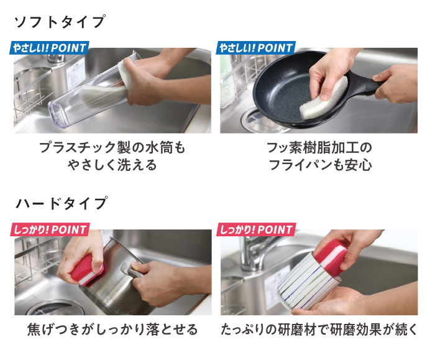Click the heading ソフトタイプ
tap(60, 22)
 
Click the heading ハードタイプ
tap(62, 203)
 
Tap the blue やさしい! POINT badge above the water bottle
tap(49, 48)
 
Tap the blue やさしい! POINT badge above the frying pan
tap(256, 48)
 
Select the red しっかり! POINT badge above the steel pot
tap(50, 229)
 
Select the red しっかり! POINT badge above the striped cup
tap(256, 229)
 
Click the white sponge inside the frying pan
tap(323, 98)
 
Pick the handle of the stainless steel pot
tap(132, 269)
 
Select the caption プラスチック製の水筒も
tap(112, 147)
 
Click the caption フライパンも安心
tap(320, 165)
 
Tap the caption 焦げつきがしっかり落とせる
tap(112, 330)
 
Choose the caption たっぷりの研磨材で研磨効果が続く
tap(319, 330)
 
